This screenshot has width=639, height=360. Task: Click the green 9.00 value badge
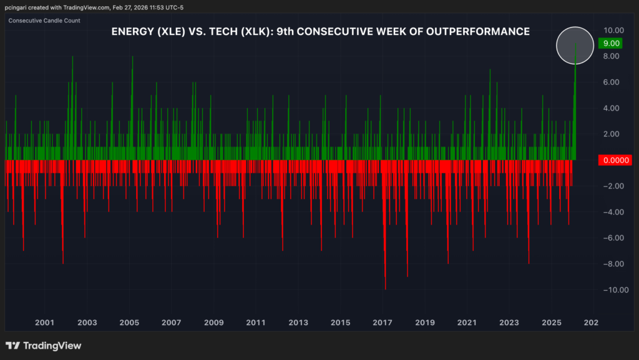[x=608, y=44]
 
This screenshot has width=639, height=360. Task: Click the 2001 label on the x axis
[x=44, y=323]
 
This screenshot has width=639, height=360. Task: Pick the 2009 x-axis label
[x=213, y=323]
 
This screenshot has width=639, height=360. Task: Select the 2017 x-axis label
[x=382, y=323]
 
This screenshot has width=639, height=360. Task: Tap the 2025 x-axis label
[x=551, y=323]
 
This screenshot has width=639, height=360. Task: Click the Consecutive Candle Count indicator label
[x=44, y=21]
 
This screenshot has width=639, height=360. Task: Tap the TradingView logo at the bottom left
[x=43, y=346]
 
